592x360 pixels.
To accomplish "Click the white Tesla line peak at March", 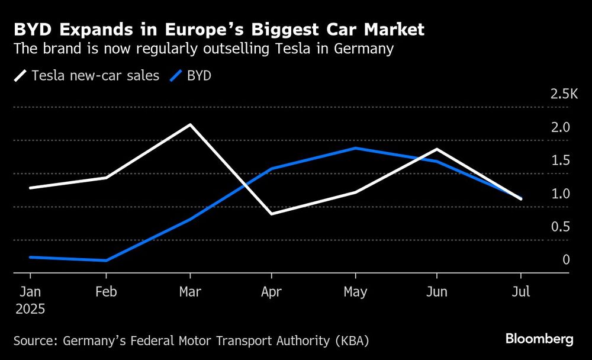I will [x=190, y=125].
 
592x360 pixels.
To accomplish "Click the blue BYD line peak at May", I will [x=355, y=148].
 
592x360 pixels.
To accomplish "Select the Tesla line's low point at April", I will [x=271, y=214].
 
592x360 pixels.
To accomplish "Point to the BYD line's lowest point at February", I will [x=106, y=261].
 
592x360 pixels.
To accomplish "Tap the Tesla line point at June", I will [x=437, y=149].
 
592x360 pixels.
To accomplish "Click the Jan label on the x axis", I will [x=30, y=292].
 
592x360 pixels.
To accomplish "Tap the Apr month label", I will [x=271, y=292].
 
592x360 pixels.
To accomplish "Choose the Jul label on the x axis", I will [x=520, y=292].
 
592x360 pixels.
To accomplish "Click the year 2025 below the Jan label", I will [x=30, y=309].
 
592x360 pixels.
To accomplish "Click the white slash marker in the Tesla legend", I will [x=21, y=76].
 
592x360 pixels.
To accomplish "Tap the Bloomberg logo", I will [x=539, y=339].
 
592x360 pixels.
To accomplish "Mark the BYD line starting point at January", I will [x=30, y=257].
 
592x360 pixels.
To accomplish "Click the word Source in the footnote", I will [x=34, y=340].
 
